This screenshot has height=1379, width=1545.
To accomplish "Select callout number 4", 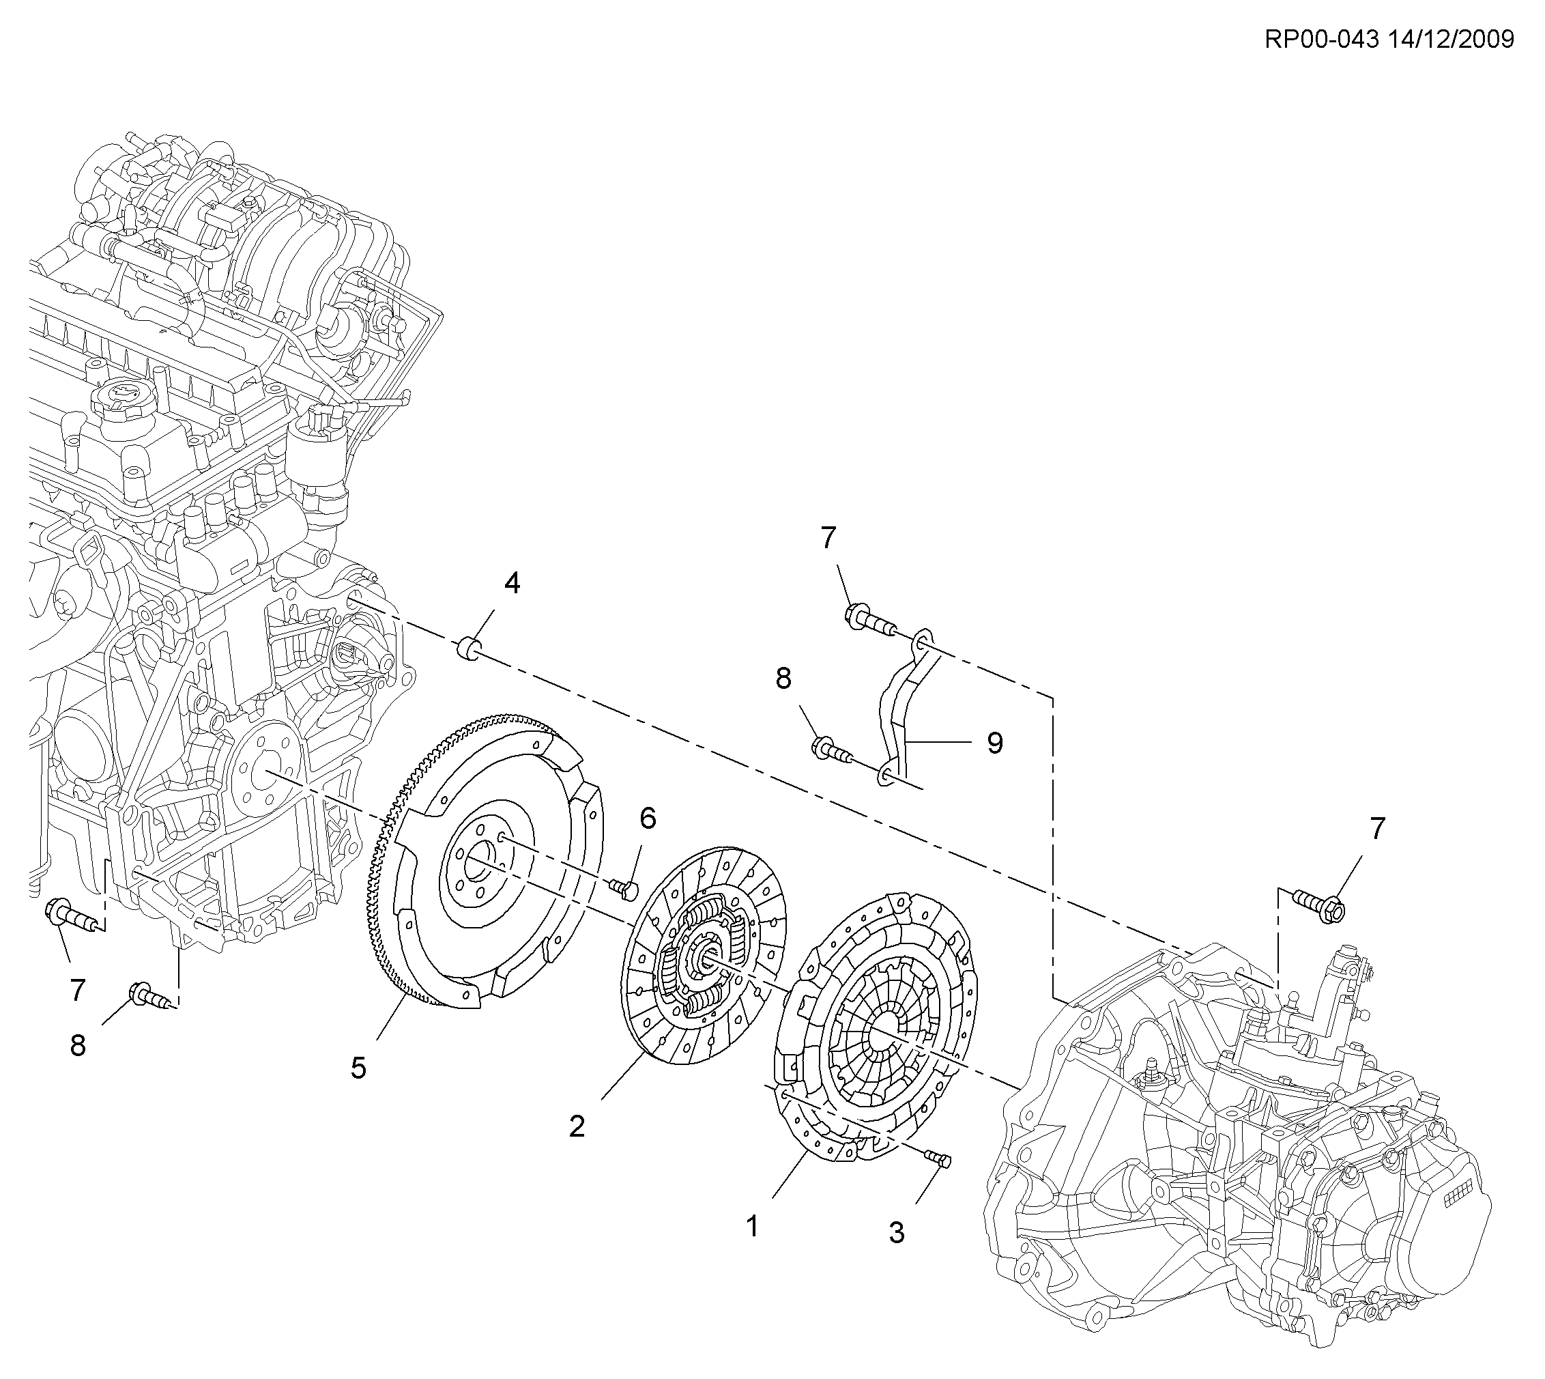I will pyautogui.click(x=512, y=584).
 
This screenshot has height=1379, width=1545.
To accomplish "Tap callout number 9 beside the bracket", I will pyautogui.click(x=994, y=743).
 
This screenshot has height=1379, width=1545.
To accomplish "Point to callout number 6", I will pyautogui.click(x=648, y=819).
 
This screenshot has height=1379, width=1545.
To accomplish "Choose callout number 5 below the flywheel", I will pyautogui.click(x=358, y=1068).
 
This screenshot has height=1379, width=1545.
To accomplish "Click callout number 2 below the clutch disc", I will pyautogui.click(x=577, y=1126).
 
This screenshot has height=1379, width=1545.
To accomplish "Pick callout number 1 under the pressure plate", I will pyautogui.click(x=752, y=1226).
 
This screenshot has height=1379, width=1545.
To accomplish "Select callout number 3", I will pyautogui.click(x=897, y=1234).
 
